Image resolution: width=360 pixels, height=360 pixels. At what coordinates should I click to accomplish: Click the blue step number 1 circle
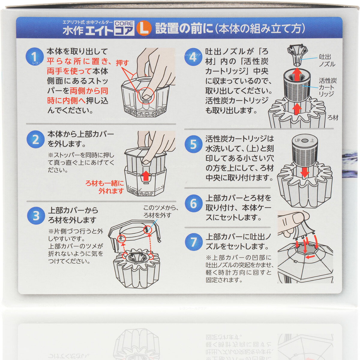point(35,56)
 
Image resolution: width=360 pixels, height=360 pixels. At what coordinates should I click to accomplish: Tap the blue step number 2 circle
point(35,140)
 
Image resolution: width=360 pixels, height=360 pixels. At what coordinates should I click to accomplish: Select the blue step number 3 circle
point(36,216)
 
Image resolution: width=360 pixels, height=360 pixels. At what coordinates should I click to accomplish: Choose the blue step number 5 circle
point(193,145)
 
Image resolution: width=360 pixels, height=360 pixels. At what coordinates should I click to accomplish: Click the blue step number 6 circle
point(193,203)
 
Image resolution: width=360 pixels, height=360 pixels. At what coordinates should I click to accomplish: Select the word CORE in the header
point(124,23)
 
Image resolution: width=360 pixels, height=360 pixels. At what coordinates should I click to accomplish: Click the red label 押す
point(122,63)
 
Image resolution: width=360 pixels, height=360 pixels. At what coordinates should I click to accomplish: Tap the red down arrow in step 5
point(305,172)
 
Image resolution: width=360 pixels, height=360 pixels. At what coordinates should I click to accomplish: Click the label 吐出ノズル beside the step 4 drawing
point(327,60)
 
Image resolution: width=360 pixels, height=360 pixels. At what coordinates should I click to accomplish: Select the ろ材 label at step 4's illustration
point(333,118)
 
